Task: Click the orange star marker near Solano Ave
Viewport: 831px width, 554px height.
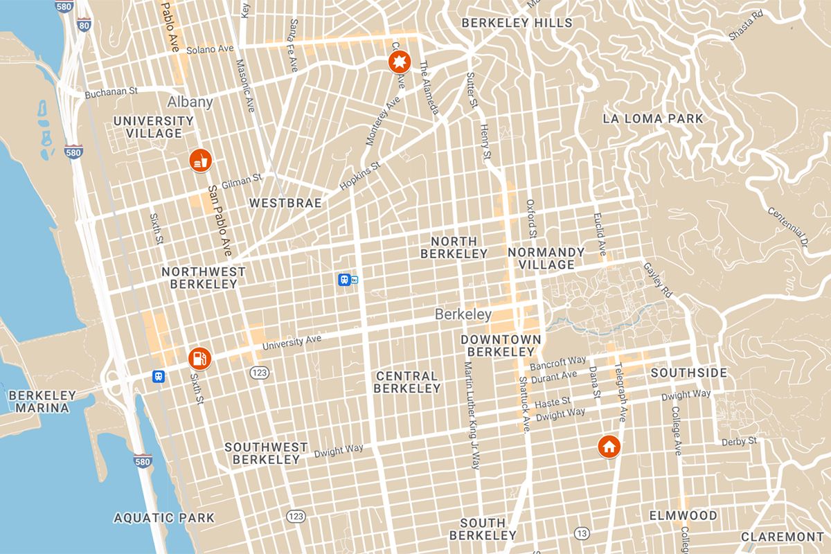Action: (x=400, y=64)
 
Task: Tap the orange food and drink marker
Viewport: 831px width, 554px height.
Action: (x=200, y=161)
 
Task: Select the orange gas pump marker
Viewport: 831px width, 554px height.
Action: (x=199, y=358)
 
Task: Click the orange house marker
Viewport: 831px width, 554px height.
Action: (x=609, y=447)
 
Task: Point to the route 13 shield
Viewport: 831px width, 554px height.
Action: (x=582, y=533)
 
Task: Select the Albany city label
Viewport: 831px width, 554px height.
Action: (x=190, y=102)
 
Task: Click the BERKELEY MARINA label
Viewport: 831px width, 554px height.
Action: (x=42, y=402)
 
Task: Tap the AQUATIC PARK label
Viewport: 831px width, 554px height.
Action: (x=164, y=517)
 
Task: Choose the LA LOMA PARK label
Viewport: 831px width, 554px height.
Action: (x=652, y=118)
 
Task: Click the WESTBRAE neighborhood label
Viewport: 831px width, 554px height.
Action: (x=285, y=203)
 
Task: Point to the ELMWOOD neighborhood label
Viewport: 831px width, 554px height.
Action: (x=683, y=515)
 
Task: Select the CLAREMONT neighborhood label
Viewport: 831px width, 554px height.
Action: (x=783, y=537)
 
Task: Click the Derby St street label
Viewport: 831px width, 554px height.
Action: (x=739, y=440)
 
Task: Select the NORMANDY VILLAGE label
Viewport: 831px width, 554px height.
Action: (x=546, y=258)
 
